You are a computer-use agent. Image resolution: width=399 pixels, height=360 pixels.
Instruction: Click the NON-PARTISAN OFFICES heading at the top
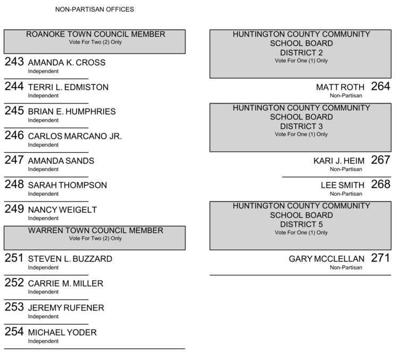pyautogui.click(x=95, y=10)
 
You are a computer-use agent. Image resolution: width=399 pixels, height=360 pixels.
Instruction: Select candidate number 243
pyautogui.click(x=14, y=62)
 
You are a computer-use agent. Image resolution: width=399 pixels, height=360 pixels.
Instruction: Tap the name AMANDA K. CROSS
pyautogui.click(x=66, y=63)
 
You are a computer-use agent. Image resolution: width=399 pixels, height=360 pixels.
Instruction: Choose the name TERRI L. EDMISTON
pyautogui.click(x=68, y=87)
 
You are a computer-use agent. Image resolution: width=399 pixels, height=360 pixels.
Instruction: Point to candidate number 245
pyautogui.click(x=14, y=111)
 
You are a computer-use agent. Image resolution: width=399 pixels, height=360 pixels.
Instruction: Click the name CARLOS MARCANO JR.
pyautogui.click(x=74, y=136)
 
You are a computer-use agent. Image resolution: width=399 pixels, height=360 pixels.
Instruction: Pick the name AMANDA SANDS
pyautogui.click(x=61, y=161)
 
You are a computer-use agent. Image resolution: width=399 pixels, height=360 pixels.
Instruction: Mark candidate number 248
pyautogui.click(x=14, y=184)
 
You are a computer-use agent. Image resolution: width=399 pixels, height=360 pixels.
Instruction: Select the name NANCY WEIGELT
pyautogui.click(x=62, y=210)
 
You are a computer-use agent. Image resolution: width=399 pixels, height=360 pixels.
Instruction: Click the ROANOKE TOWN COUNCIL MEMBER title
pyautogui.click(x=96, y=35)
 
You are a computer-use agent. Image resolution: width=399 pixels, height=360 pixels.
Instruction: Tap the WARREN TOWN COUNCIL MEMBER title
pyautogui.click(x=96, y=231)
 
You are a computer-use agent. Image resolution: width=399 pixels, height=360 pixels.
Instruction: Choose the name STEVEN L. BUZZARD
pyautogui.click(x=70, y=259)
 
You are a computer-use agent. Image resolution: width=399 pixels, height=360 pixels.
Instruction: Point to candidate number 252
pyautogui.click(x=14, y=282)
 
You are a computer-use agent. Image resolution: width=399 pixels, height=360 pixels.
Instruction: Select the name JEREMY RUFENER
pyautogui.click(x=66, y=308)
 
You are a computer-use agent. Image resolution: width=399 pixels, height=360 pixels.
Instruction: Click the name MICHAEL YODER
pyautogui.click(x=62, y=332)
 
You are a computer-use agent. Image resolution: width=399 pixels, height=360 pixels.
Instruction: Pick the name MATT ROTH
pyautogui.click(x=340, y=87)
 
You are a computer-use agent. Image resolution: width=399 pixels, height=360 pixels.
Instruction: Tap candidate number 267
pyautogui.click(x=380, y=160)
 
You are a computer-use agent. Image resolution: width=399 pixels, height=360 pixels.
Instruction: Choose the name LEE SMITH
pyautogui.click(x=343, y=185)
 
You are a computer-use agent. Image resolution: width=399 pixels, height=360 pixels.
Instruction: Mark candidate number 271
pyautogui.click(x=380, y=258)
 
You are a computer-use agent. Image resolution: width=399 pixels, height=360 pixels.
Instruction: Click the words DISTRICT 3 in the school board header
pyautogui.click(x=301, y=126)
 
